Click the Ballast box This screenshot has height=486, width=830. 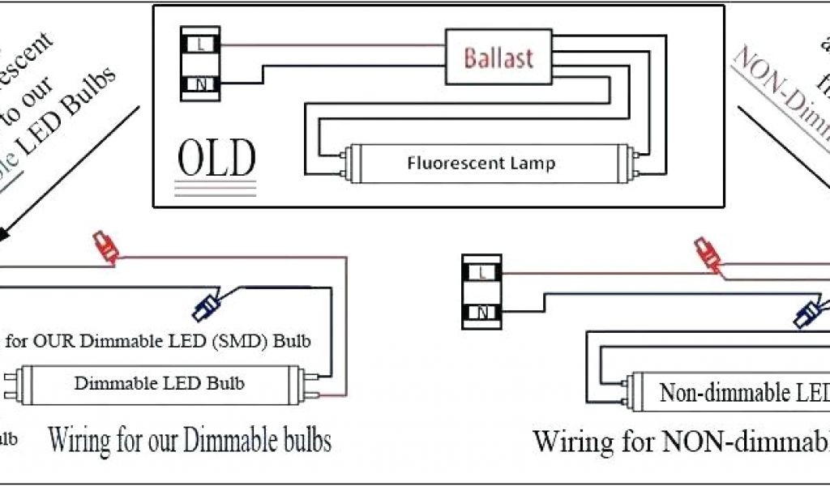tap(498, 58)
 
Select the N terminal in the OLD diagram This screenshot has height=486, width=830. tap(200, 83)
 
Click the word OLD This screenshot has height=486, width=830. tap(216, 160)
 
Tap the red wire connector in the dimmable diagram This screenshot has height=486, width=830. tap(105, 248)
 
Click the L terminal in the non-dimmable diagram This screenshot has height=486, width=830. tap(481, 272)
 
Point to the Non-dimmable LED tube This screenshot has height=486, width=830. tap(729, 393)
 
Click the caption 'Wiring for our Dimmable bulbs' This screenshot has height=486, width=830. tap(190, 441)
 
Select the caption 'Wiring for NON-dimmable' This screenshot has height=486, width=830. tap(681, 442)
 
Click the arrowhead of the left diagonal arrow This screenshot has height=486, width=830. tap(5, 233)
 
